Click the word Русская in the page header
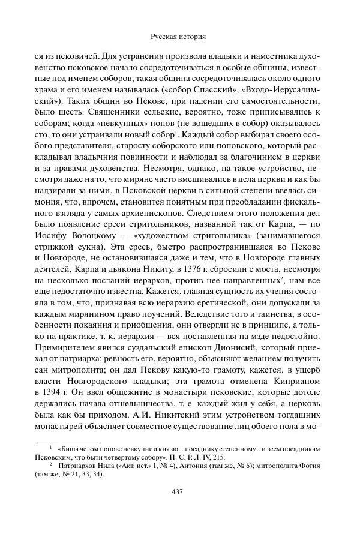pos(164,37)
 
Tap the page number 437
pos(177,493)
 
